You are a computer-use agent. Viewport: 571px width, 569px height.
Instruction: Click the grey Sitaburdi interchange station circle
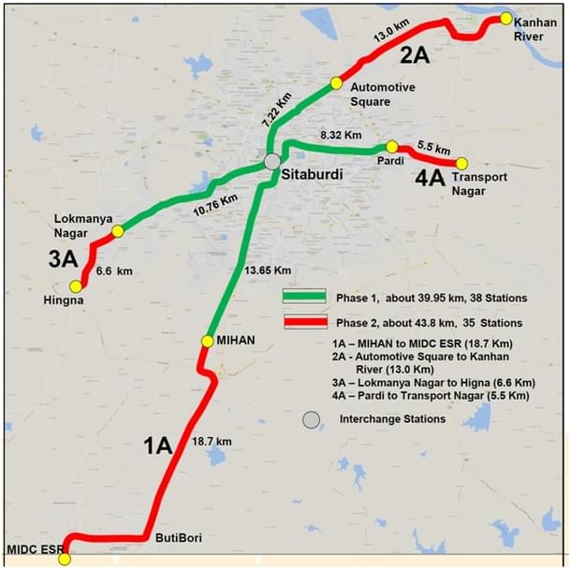click(272, 162)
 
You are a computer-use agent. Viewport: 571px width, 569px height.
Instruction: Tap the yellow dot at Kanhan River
click(505, 19)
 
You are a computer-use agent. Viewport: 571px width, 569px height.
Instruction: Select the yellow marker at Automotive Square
click(336, 83)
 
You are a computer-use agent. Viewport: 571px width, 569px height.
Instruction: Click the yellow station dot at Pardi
click(392, 147)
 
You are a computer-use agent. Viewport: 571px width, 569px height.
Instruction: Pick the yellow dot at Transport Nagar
click(459, 162)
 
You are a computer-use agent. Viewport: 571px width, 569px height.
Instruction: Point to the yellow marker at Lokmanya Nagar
click(118, 231)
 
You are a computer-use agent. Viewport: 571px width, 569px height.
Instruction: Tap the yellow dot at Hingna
click(75, 285)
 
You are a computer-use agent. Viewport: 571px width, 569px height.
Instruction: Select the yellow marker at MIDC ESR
click(64, 559)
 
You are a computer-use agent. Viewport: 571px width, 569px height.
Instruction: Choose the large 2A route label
click(415, 56)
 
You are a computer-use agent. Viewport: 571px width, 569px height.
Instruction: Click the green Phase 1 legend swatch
click(304, 297)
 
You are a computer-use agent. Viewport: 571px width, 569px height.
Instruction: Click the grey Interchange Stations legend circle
click(311, 419)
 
